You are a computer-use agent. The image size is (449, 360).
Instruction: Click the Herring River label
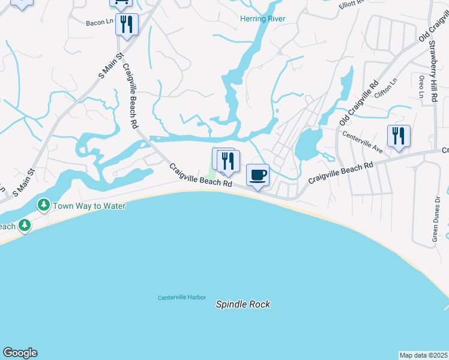click(x=262, y=19)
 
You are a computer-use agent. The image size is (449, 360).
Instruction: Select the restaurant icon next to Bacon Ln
click(x=127, y=25)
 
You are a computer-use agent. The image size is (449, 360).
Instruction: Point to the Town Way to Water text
click(x=89, y=206)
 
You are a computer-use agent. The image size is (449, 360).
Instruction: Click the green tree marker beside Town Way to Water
click(x=44, y=206)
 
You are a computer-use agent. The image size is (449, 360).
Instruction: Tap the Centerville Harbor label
click(x=182, y=298)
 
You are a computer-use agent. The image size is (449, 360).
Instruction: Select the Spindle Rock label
click(x=243, y=304)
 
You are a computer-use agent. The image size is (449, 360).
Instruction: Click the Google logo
click(x=20, y=353)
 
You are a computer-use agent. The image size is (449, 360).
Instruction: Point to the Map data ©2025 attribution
click(x=424, y=355)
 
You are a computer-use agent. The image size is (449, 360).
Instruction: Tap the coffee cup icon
click(x=258, y=175)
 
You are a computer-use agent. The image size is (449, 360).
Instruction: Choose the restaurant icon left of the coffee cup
click(x=228, y=160)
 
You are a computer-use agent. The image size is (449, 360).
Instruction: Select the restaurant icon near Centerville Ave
click(x=399, y=136)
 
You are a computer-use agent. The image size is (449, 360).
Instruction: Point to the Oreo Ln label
click(x=421, y=87)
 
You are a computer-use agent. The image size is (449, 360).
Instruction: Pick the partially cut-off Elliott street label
click(x=352, y=4)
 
